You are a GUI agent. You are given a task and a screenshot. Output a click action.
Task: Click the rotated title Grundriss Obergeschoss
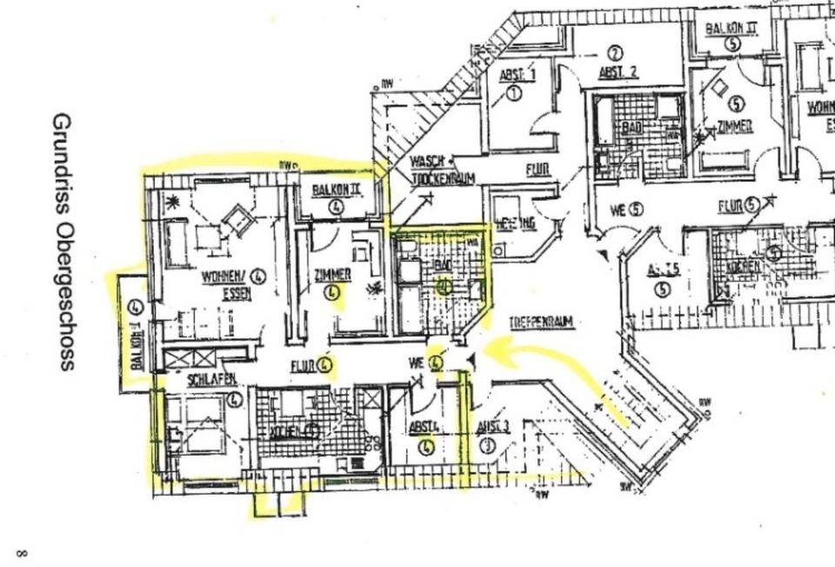(63, 241)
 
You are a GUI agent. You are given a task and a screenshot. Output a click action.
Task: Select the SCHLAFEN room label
(211, 380)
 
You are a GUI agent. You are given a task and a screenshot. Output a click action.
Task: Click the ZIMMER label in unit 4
(332, 275)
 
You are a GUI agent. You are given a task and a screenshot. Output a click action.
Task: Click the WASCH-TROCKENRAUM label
(442, 170)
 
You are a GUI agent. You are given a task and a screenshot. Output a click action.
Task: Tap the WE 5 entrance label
(625, 210)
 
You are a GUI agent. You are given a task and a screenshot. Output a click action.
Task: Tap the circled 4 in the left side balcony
(135, 307)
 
